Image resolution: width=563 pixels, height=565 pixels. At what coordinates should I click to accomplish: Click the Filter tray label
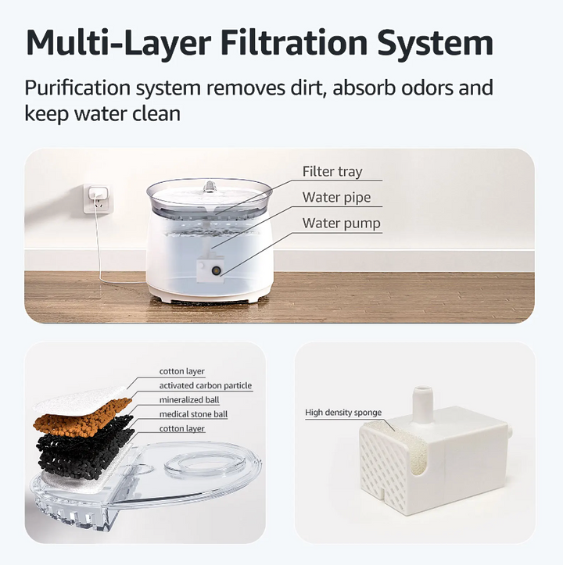[332, 171]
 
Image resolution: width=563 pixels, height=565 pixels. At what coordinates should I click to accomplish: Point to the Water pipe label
[336, 198]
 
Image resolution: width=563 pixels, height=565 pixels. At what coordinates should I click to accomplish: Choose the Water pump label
[341, 223]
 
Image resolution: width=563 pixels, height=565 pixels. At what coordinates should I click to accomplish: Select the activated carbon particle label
[206, 385]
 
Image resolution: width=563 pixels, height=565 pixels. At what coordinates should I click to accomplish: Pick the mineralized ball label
[189, 400]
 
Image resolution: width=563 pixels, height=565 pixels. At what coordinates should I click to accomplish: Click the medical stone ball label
[193, 414]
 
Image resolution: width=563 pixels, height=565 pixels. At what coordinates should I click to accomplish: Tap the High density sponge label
[343, 413]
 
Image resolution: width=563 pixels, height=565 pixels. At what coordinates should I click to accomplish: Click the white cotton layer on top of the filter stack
[80, 400]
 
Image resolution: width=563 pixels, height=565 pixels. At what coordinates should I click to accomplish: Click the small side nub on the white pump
[511, 431]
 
